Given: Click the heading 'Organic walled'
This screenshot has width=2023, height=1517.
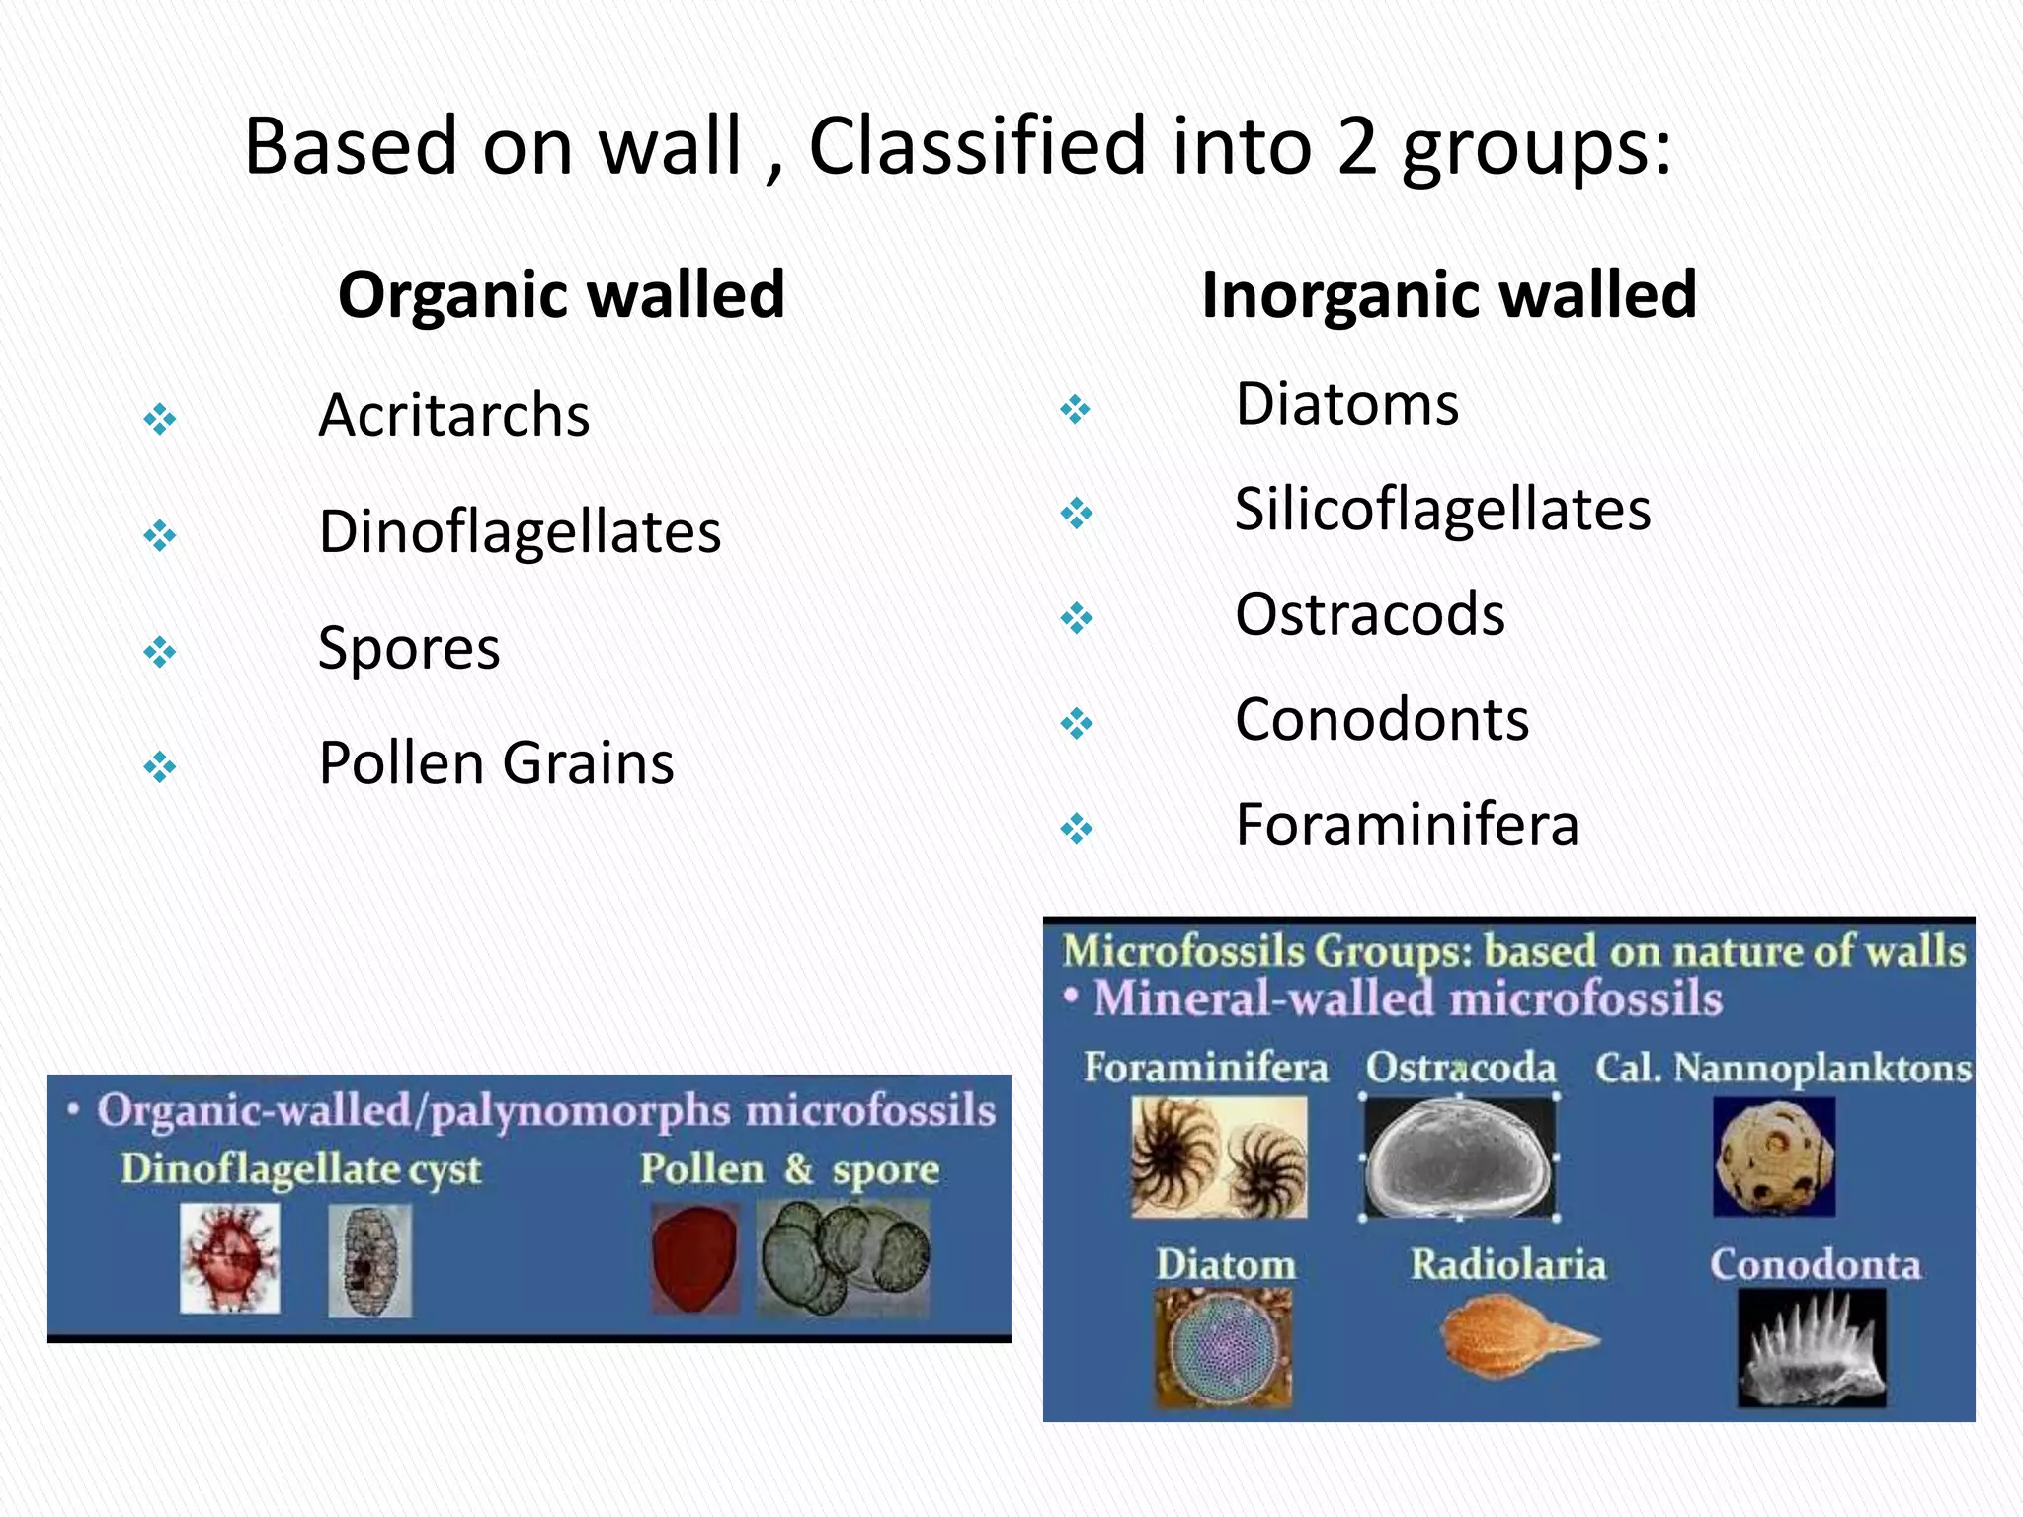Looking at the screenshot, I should (561, 294).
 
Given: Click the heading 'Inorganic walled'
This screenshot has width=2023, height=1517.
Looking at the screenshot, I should (1448, 294).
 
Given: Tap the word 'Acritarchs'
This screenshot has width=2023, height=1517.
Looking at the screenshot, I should (453, 415).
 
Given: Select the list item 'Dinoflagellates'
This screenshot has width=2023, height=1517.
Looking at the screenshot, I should (520, 532).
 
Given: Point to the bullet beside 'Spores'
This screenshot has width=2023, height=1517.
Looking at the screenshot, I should (160, 652).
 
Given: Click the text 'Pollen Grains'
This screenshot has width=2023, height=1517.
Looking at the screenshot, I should (496, 763).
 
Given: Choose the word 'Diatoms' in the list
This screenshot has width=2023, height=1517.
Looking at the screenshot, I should (1346, 405).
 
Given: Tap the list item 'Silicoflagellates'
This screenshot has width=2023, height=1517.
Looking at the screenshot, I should (1442, 510).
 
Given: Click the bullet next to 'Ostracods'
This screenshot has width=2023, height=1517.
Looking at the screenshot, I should (1076, 619).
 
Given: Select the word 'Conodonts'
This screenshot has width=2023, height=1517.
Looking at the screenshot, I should (1381, 719).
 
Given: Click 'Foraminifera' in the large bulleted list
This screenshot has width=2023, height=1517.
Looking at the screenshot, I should (1407, 825).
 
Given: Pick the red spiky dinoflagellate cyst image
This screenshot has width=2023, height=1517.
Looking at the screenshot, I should (230, 1259).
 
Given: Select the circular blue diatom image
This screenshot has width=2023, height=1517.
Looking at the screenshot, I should (1223, 1345).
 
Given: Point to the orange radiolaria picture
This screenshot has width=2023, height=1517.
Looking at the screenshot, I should (1511, 1338).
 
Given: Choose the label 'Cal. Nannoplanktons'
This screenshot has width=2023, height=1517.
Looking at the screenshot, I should (1783, 1068).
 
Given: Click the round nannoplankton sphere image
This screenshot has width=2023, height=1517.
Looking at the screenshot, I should (1774, 1156).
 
